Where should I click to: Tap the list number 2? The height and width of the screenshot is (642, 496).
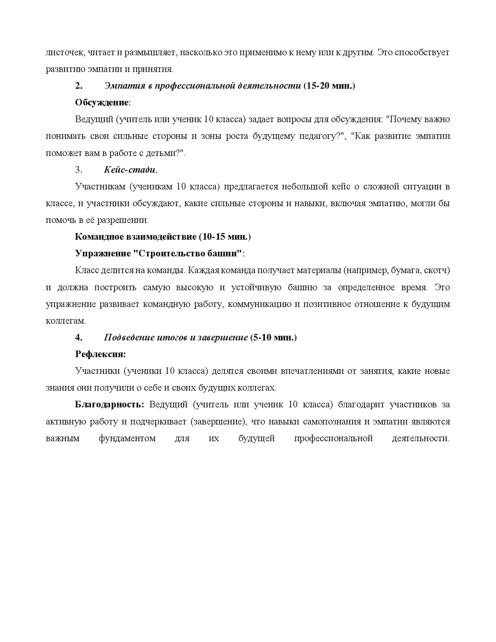point(79,86)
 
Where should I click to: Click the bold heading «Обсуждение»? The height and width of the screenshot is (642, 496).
point(102,103)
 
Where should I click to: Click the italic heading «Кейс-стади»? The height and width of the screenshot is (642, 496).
point(130,170)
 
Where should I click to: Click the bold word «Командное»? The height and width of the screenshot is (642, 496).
point(99,237)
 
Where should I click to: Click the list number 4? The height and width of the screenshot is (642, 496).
point(79,338)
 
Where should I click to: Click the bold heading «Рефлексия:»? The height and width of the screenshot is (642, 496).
point(100,354)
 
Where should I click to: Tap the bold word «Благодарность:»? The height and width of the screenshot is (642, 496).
point(109,405)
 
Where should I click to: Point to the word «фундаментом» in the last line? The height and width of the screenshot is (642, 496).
point(127,439)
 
